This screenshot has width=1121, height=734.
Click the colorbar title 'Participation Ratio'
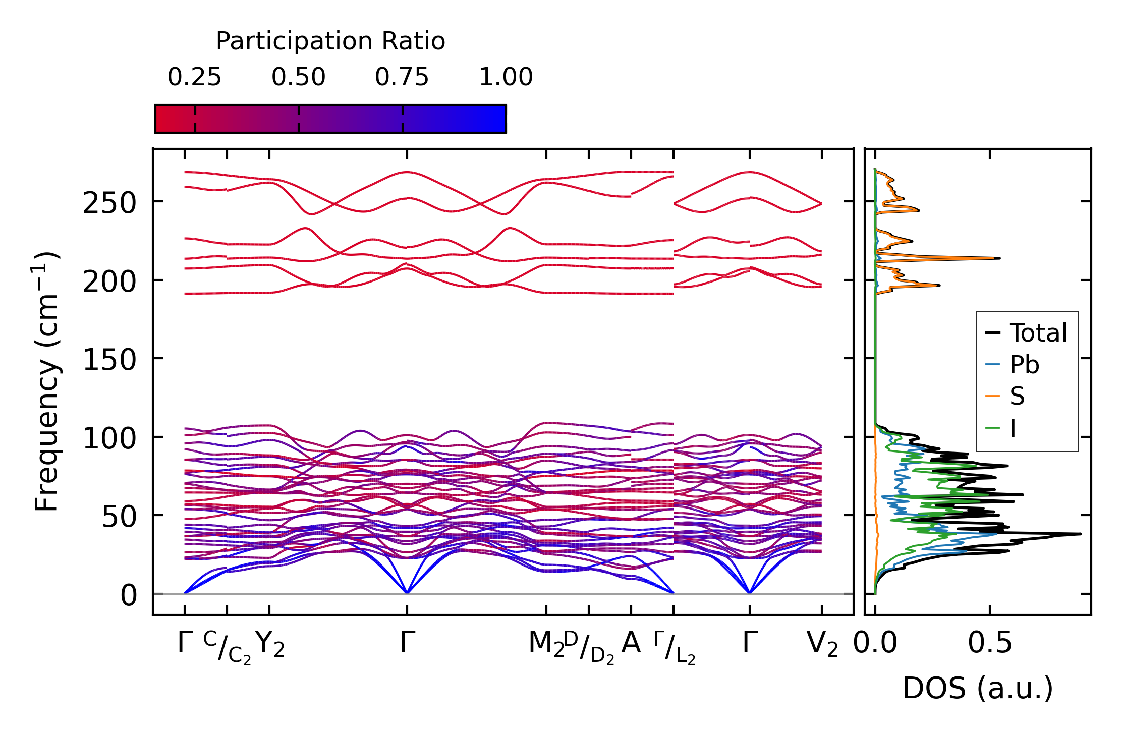tap(330, 41)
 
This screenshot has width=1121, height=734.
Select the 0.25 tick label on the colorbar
tap(195, 77)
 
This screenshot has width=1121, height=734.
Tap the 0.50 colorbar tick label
tap(299, 77)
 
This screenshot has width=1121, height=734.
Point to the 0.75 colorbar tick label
tap(402, 77)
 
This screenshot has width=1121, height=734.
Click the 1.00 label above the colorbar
tap(506, 77)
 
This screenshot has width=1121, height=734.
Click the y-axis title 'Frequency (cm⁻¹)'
tap(46, 381)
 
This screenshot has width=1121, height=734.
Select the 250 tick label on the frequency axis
tap(109, 204)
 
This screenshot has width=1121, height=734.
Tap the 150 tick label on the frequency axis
tap(109, 360)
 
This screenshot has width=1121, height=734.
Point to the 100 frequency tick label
tap(109, 438)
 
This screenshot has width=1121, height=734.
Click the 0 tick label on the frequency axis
tap(129, 595)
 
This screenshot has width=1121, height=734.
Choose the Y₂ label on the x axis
tap(270, 644)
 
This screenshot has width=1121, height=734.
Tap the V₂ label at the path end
tap(822, 644)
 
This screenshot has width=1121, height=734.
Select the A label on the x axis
tap(631, 643)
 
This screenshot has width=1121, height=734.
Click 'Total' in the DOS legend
tap(1038, 333)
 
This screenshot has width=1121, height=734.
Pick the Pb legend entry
tap(1024, 365)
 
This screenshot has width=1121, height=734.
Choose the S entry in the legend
tap(1017, 397)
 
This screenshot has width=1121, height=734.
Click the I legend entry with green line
tap(1013, 428)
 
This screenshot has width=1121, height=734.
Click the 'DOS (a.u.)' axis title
tap(978, 688)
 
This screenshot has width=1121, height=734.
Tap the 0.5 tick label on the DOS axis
tap(990, 643)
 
